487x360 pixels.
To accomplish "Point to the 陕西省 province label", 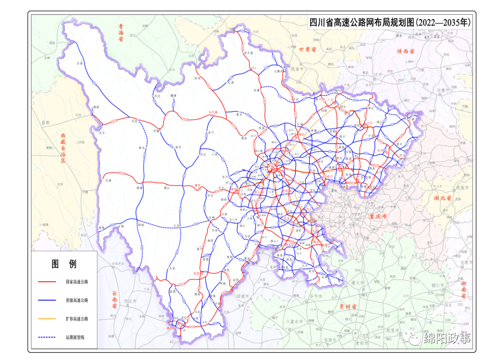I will (x=405, y=51).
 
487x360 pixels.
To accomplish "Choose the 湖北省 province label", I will (x=442, y=198).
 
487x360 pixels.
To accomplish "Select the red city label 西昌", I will (x=196, y=274).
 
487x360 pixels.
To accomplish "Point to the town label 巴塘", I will (x=108, y=180).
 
